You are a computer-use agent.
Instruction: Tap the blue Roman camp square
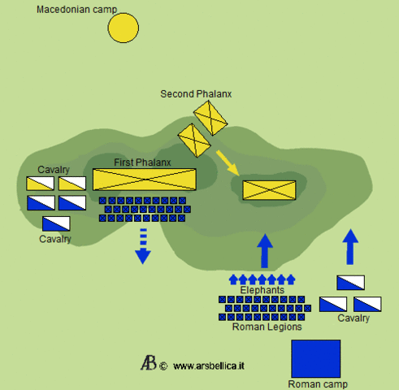click(315, 358)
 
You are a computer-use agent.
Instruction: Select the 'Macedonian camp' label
click(76, 9)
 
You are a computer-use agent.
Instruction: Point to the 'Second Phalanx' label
click(196, 94)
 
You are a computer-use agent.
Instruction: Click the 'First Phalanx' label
click(142, 162)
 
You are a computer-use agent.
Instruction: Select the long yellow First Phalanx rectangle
click(145, 180)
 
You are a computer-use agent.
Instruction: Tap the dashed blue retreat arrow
click(143, 245)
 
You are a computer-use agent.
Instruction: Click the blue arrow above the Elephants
click(263, 250)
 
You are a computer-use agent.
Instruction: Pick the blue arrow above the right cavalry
click(350, 246)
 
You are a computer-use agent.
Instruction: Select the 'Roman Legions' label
click(267, 327)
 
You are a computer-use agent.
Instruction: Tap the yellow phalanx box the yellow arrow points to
click(267, 190)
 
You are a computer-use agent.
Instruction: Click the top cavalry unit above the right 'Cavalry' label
click(350, 283)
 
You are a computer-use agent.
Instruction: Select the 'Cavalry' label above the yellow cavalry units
click(54, 169)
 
